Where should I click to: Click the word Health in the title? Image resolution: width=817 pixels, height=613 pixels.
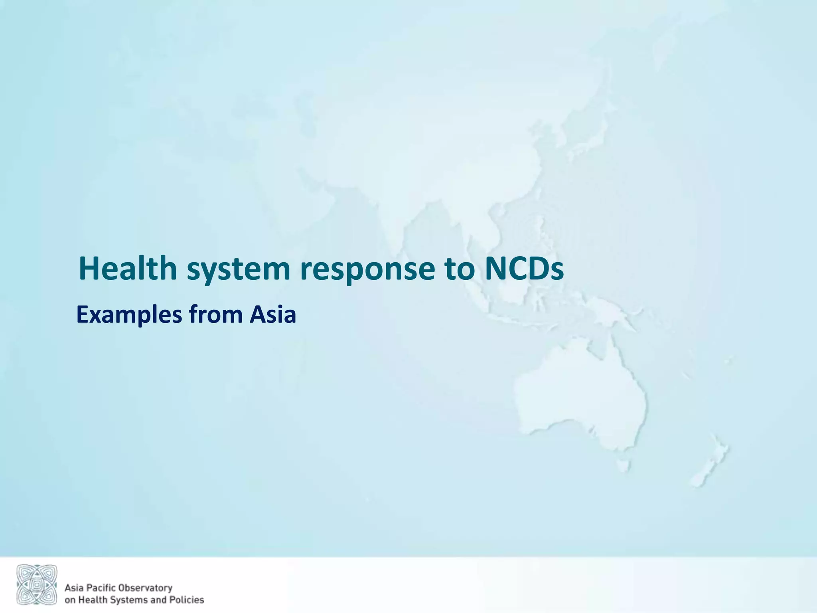[128, 268]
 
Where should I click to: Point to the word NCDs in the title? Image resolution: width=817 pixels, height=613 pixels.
[524, 268]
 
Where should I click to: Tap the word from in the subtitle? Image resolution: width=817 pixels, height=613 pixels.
[216, 314]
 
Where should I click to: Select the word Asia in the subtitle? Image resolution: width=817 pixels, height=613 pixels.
[273, 314]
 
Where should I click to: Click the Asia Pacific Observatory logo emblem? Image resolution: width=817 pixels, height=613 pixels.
[37, 584]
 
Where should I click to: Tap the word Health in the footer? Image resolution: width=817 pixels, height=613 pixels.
[88, 600]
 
